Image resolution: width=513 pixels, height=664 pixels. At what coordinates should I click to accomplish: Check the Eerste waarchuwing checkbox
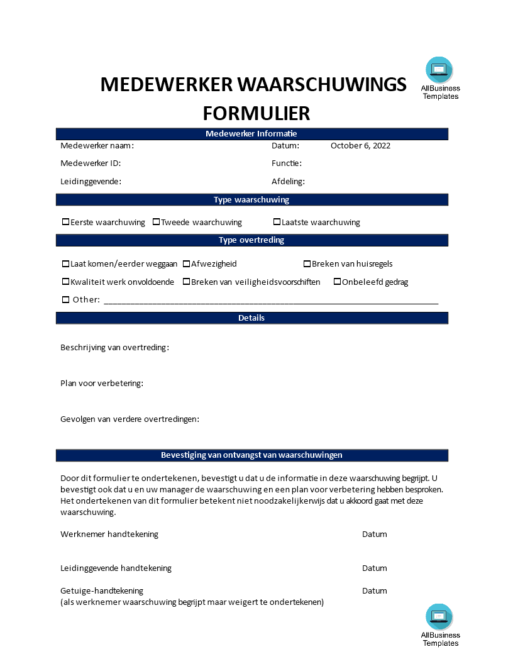[66, 222]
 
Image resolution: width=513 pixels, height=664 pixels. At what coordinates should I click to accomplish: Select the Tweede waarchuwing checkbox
[157, 222]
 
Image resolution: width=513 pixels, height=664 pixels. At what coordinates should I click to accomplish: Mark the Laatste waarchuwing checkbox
[277, 222]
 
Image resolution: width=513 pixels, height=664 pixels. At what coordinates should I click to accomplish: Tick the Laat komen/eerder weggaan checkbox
[66, 264]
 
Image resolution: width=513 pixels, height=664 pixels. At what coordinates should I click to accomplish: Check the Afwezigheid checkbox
[187, 264]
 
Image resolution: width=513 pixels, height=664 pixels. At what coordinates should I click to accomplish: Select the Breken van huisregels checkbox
[307, 264]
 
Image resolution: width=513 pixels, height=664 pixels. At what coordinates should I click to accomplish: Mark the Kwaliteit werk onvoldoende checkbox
[66, 282]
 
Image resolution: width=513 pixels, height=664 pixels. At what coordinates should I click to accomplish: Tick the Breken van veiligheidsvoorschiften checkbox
[187, 282]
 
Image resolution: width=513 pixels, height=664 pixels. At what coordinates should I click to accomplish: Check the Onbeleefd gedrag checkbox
[338, 282]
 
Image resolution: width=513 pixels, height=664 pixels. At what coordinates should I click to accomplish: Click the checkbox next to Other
[66, 300]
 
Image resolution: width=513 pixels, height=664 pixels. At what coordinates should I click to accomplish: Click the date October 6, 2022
[360, 146]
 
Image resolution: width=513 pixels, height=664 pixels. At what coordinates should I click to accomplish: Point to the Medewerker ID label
[91, 163]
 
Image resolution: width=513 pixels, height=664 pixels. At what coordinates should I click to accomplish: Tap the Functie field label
[287, 163]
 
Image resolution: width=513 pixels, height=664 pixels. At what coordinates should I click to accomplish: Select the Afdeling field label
[288, 182]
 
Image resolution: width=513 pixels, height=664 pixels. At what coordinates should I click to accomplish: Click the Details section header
[251, 318]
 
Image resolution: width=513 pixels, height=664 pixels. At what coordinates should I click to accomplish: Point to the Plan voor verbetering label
[102, 383]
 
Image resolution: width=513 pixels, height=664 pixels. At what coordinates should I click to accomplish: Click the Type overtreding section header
[251, 240]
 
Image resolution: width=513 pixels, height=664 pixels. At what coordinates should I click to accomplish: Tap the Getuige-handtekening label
[102, 590]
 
